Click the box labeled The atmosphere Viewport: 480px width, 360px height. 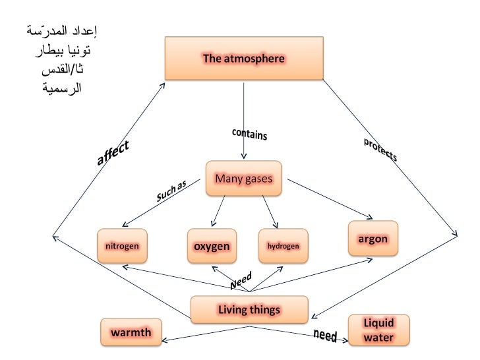244,59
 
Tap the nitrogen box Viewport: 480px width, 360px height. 122,246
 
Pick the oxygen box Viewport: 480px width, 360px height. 211,246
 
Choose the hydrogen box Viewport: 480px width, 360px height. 284,246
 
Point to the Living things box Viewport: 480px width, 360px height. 249,309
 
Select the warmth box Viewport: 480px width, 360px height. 131,332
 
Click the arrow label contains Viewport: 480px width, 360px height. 249,134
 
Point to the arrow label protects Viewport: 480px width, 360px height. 380,150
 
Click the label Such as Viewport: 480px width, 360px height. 171,191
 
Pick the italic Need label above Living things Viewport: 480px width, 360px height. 241,282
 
